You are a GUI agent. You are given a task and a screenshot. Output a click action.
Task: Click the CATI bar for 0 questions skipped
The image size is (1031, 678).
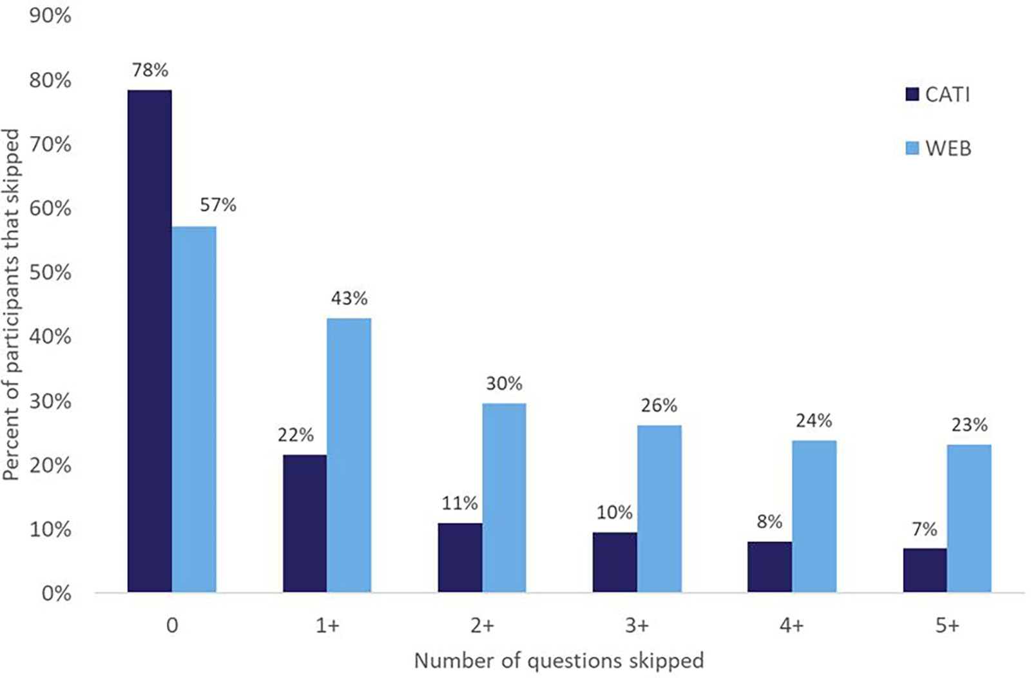[149, 341]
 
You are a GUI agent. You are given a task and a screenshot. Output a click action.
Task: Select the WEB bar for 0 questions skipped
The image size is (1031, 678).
[194, 409]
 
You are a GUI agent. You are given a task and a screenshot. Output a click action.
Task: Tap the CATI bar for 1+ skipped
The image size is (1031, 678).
[304, 523]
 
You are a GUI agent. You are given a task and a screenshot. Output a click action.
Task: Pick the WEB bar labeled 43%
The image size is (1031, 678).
[349, 455]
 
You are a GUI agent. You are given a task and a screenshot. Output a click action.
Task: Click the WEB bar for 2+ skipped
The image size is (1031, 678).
[504, 498]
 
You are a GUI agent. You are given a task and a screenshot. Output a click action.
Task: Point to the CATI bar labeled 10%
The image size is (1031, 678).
[615, 562]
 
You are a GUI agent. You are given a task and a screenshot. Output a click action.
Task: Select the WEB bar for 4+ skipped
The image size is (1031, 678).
[814, 516]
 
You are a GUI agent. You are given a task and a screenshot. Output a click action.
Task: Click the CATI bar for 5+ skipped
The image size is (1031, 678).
[925, 570]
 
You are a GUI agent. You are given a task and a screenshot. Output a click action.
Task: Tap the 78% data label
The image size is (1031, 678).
[150, 70]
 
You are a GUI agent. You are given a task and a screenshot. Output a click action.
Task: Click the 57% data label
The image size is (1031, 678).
[218, 205]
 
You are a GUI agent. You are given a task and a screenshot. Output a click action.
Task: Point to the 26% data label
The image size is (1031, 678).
[659, 405]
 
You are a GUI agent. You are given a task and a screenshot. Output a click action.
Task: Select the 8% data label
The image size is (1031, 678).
[769, 521]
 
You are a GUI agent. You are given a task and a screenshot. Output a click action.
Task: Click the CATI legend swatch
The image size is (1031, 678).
[912, 95]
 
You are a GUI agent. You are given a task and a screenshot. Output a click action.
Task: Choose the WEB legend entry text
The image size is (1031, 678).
[948, 148]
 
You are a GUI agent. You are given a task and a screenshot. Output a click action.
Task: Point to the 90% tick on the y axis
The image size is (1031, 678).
[50, 15]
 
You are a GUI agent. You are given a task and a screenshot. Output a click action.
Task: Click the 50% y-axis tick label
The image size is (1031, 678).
[50, 272]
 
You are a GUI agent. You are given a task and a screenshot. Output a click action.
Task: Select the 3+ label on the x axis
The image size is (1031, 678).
[637, 625]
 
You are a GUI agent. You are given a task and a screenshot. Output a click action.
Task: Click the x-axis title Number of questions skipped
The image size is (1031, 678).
[559, 661]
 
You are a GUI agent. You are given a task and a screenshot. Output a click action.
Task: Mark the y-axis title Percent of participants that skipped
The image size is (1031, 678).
[12, 304]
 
